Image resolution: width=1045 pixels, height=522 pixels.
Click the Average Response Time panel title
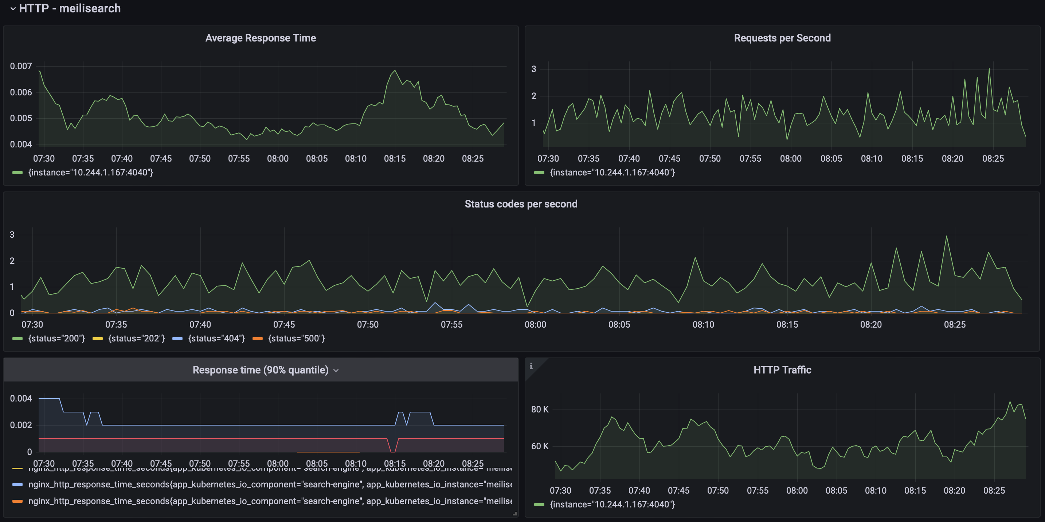coord(261,38)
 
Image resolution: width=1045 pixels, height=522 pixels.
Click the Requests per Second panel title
coord(782,38)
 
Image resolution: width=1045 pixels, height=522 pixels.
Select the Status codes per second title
coord(521,204)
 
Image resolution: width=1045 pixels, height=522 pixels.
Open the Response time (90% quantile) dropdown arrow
coord(336,371)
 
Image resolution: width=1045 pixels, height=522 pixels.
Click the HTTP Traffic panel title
coord(782,370)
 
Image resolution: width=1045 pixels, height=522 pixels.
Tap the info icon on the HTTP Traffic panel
coord(531,366)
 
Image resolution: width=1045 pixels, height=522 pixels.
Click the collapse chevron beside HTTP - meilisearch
coord(13,8)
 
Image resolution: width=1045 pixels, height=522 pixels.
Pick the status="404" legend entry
coord(216,339)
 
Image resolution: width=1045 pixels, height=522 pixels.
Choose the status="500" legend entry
coord(296,339)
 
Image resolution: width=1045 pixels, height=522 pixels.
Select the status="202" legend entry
coord(136,339)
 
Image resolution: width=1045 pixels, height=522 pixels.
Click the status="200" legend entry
coord(56,339)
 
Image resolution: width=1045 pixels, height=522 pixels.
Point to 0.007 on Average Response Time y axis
coord(21,66)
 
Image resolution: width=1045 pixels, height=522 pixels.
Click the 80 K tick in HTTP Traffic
coord(540,409)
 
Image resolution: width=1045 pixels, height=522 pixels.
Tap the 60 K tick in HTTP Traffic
coord(540,446)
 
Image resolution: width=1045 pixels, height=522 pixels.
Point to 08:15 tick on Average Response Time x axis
coord(395,158)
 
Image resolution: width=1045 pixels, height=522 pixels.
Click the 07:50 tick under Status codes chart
coord(368,325)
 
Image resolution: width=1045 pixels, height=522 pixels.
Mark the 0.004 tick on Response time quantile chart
coord(21,398)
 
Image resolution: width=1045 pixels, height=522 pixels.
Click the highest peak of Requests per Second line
coord(989,68)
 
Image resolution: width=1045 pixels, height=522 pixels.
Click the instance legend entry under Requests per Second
coord(612,173)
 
